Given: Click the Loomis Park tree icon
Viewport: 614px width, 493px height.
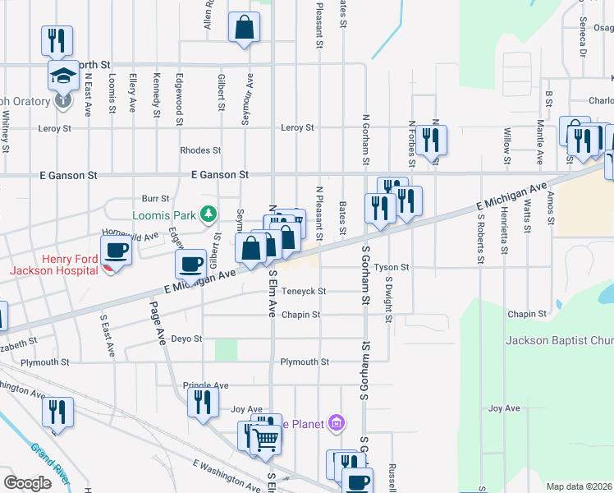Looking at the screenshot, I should click(x=208, y=215).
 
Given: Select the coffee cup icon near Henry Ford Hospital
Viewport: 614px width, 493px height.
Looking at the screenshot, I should click(x=116, y=249).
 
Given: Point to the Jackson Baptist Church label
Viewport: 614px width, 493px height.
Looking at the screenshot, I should click(x=560, y=340).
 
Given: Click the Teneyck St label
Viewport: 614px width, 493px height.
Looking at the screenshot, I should click(x=304, y=292).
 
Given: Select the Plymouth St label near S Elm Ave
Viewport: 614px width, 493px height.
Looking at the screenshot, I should click(x=304, y=362).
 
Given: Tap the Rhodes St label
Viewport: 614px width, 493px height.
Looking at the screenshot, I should click(x=200, y=150).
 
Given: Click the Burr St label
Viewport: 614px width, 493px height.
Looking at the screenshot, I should click(x=155, y=199).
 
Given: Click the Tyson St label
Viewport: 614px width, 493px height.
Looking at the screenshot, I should click(x=392, y=268).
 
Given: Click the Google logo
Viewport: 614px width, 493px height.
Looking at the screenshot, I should click(x=27, y=482).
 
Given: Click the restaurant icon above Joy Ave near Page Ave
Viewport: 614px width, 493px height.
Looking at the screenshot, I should click(x=202, y=401).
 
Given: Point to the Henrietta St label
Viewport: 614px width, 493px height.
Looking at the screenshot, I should click(x=501, y=234).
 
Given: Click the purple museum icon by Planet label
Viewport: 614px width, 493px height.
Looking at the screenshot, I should click(x=335, y=424).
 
